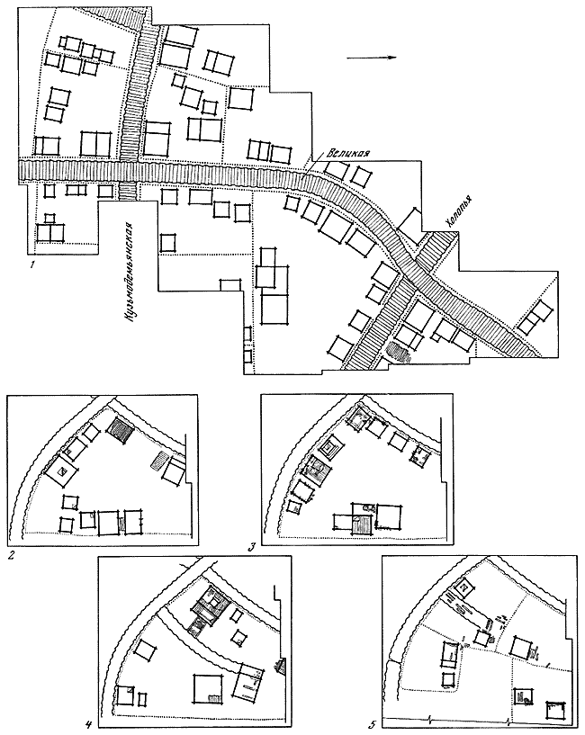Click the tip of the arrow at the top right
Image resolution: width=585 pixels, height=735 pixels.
coord(397,58)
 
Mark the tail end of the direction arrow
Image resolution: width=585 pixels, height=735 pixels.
coord(346,58)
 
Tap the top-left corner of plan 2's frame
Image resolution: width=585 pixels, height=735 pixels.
coord(8,395)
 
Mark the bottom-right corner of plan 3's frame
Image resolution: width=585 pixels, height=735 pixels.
coord(454,545)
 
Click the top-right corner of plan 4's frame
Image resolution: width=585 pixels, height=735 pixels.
coord(292,556)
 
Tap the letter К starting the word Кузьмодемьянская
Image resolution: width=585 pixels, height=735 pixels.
coord(127,318)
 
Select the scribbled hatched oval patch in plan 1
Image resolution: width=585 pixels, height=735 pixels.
coord(399,352)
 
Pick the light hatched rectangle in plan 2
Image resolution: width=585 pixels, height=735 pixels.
coord(159,460)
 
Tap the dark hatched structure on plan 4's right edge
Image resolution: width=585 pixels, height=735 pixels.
coord(281,665)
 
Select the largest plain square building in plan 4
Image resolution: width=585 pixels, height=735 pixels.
coord(208,688)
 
